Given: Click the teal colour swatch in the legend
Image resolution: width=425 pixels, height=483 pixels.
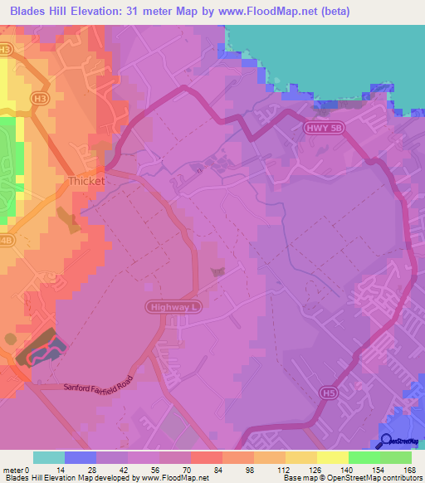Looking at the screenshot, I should [49, 457].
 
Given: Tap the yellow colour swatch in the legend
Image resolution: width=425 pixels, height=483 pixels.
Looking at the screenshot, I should [333, 457].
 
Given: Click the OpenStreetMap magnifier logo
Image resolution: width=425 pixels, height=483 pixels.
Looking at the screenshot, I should [387, 441].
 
